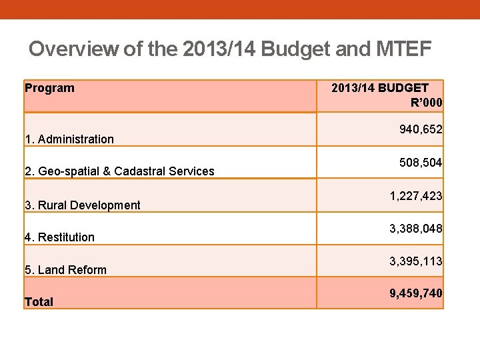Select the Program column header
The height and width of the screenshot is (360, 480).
[x=49, y=88]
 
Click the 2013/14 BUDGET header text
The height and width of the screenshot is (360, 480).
[x=380, y=87]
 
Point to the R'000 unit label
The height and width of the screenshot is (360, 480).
[x=427, y=102]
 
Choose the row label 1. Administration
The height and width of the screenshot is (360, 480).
[x=69, y=139]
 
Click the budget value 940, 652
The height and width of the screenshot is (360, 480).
[x=421, y=129]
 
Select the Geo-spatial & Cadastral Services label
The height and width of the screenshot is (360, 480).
[x=126, y=171]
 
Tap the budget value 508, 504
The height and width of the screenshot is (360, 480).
[x=421, y=163]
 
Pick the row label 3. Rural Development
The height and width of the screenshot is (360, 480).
[x=83, y=205]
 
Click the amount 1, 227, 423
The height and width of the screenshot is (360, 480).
[x=416, y=197]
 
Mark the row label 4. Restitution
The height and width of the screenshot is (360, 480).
[x=59, y=237]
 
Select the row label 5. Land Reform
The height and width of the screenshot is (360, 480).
[x=65, y=270]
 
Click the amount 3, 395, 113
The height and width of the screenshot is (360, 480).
[x=416, y=261]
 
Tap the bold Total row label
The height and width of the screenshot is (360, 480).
[x=39, y=302]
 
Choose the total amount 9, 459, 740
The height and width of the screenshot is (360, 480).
[x=416, y=293]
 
